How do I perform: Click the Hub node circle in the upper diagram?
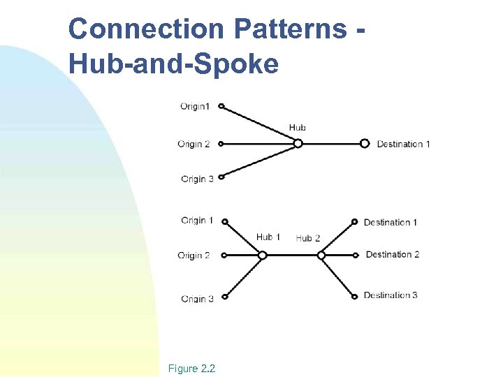[x=298, y=144]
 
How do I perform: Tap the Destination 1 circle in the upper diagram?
[x=365, y=144]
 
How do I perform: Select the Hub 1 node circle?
[x=263, y=256]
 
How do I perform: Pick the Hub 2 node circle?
[x=321, y=256]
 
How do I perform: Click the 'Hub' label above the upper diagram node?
[x=298, y=128]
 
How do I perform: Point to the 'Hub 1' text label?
[x=268, y=237]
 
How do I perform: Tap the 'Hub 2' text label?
[x=308, y=238]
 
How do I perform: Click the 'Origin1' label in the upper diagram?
[x=194, y=107]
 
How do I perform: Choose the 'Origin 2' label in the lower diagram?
[x=194, y=256]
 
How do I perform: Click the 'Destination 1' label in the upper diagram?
[x=403, y=145]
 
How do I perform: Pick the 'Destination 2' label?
[x=393, y=255]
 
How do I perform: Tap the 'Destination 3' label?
[x=391, y=295]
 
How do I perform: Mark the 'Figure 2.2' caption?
[x=191, y=368]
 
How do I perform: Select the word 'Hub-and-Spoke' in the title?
[x=174, y=64]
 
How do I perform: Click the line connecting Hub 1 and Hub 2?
[x=292, y=256]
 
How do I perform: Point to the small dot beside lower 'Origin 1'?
[x=224, y=222]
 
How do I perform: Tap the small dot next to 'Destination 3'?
[x=356, y=296]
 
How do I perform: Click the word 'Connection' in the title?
[x=145, y=29]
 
